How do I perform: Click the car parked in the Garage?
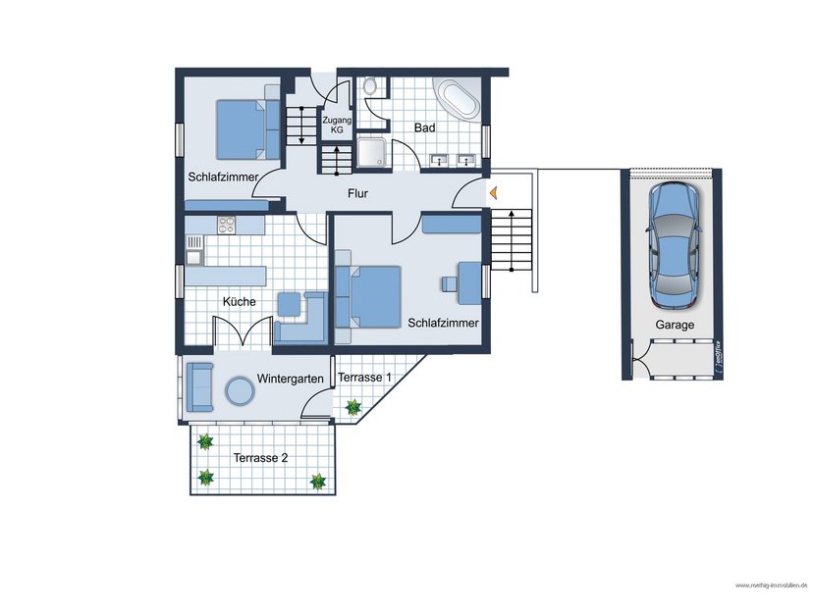tap(674, 242)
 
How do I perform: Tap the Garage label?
tap(675, 325)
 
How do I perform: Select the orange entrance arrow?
tap(494, 194)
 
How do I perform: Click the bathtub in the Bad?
tap(457, 100)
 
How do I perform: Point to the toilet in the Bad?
tap(369, 88)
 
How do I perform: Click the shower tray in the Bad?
tap(372, 152)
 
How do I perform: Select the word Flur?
tap(357, 194)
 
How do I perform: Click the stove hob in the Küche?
tap(227, 225)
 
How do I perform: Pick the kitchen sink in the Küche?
tap(194, 258)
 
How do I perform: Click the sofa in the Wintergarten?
tap(200, 386)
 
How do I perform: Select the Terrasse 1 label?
tap(364, 378)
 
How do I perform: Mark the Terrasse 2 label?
tap(259, 458)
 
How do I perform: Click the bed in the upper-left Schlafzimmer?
tap(241, 128)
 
